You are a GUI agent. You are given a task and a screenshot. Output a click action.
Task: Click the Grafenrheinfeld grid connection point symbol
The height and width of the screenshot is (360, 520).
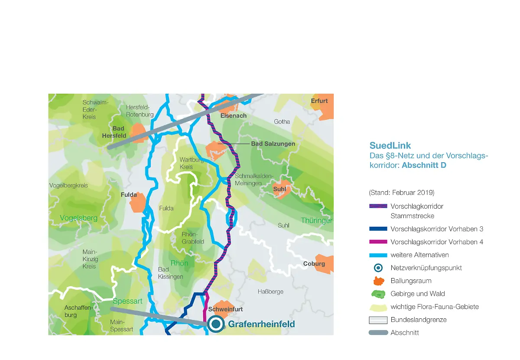216,324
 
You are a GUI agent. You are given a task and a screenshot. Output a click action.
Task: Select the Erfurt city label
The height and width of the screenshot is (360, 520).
319,101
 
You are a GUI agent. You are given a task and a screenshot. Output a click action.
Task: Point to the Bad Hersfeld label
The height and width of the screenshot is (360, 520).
114,132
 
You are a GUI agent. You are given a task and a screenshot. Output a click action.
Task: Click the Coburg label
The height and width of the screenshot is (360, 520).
314,264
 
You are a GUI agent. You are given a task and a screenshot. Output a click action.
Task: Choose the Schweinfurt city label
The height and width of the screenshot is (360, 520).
225,309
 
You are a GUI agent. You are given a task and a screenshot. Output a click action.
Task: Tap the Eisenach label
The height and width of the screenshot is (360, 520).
234,116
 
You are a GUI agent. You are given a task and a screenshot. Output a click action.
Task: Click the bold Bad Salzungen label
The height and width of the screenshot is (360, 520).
273,144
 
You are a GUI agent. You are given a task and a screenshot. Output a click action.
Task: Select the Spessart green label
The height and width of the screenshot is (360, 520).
127,301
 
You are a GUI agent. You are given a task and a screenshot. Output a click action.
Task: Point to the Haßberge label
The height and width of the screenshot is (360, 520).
270,291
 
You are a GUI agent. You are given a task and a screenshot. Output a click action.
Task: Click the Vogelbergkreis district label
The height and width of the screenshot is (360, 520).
68,186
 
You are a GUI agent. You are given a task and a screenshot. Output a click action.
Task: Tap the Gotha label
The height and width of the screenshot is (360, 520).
282,122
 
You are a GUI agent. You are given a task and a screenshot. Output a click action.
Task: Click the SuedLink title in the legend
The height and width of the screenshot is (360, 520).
390,146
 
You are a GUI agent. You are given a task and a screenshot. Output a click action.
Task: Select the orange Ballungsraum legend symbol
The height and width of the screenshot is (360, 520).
378,281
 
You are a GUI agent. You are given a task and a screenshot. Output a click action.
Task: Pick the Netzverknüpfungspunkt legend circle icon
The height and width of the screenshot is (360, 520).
378,268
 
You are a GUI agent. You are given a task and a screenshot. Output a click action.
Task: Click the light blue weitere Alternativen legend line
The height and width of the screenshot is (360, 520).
378,255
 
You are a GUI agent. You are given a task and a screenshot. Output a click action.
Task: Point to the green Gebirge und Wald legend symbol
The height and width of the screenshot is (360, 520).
378,294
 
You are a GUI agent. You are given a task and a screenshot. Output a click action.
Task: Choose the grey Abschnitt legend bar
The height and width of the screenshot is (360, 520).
378,333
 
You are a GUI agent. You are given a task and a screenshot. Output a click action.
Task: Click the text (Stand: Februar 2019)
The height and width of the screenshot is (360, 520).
401,192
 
